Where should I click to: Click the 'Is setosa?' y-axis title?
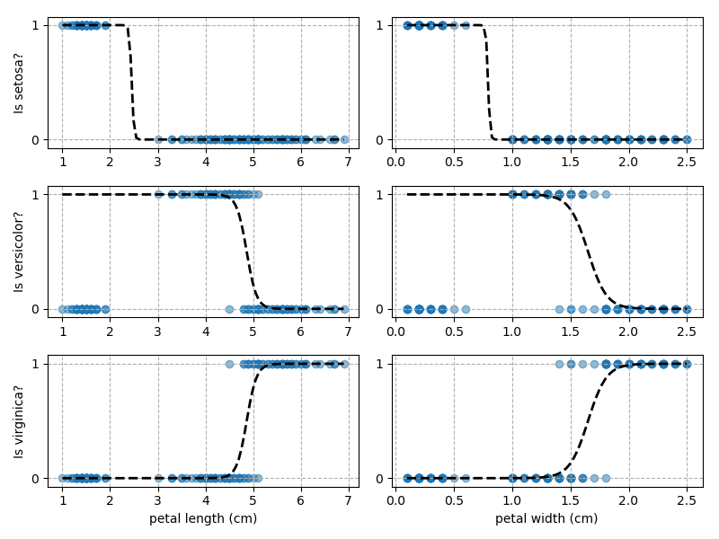(x=19, y=82)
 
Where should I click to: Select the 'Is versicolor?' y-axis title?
(x=19, y=252)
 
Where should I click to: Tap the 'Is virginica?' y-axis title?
(x=19, y=420)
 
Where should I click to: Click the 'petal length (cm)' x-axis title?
(x=203, y=518)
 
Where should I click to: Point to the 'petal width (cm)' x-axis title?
(x=546, y=518)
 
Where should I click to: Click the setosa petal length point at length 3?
(x=158, y=139)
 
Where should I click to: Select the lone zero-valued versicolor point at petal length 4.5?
(x=229, y=309)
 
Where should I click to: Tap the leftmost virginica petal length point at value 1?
(x=229, y=364)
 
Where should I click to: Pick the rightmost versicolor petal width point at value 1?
(x=606, y=194)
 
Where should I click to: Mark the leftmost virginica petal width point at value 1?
(x=559, y=364)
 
